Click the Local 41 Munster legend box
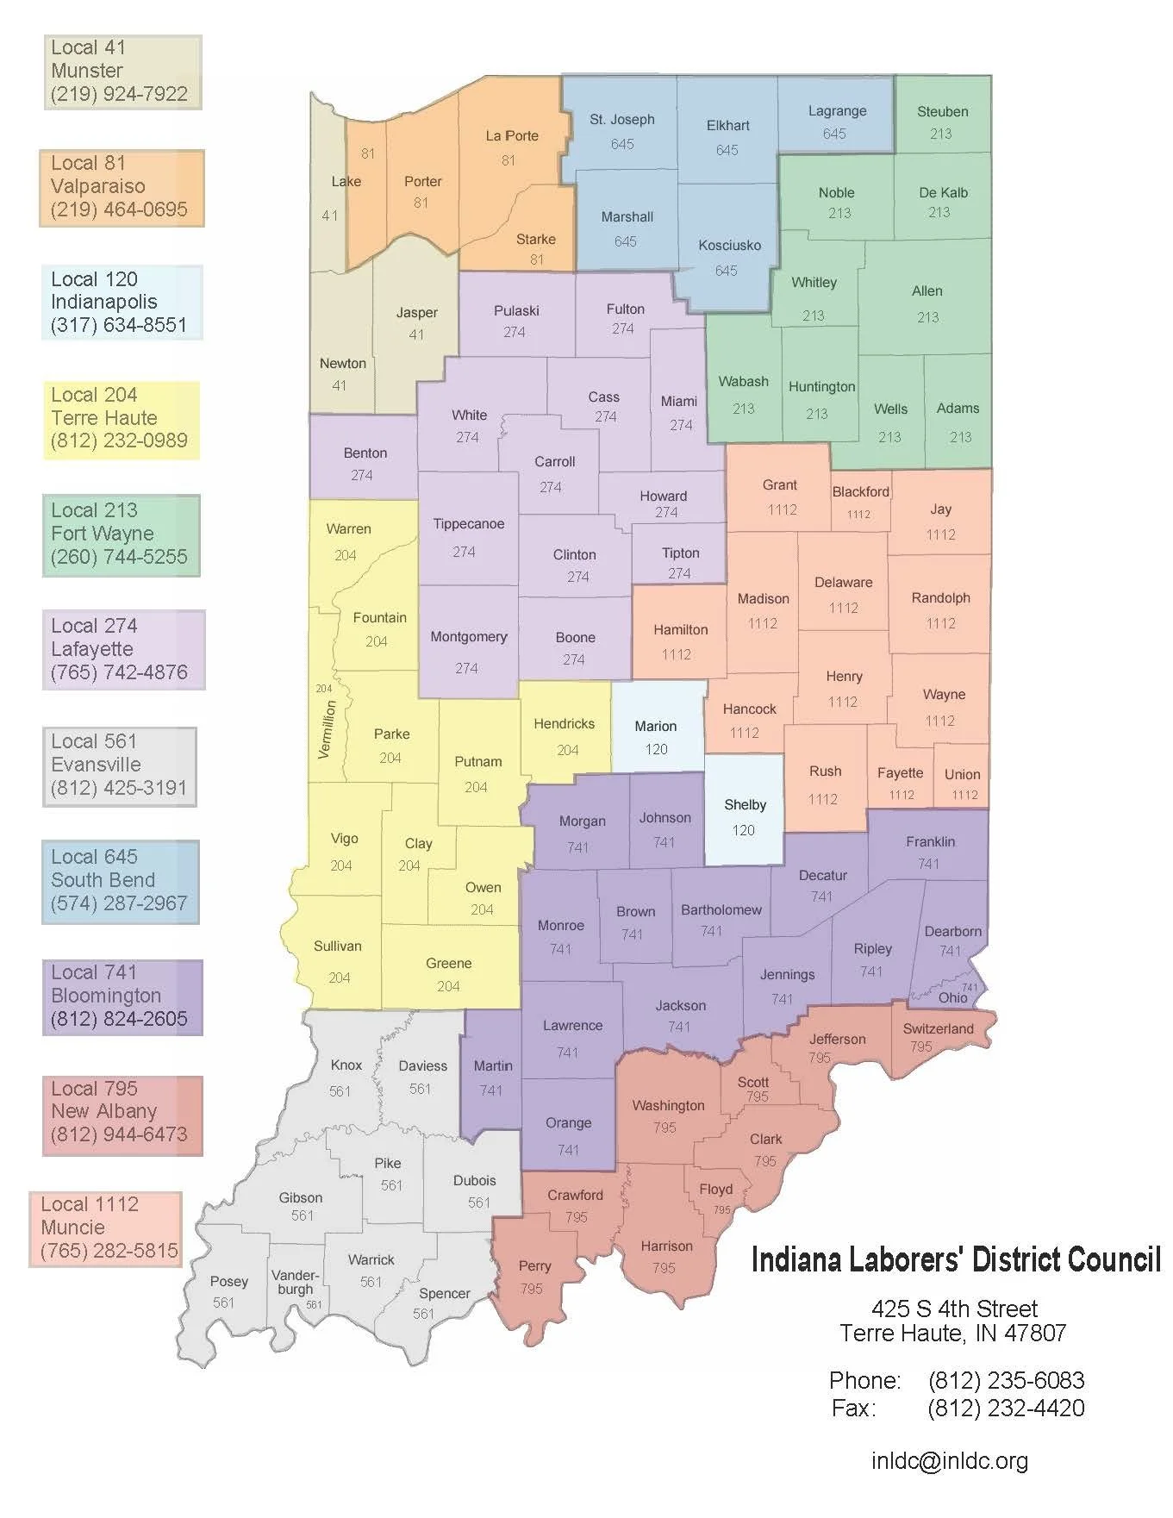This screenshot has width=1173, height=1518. (122, 72)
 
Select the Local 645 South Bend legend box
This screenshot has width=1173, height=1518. (120, 881)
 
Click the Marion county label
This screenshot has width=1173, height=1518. (655, 727)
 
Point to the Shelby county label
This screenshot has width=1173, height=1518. (745, 805)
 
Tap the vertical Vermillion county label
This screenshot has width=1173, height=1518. (326, 729)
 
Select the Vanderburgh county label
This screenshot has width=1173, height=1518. (295, 1282)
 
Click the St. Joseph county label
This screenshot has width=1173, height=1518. (621, 120)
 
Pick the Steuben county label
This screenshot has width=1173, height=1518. (942, 112)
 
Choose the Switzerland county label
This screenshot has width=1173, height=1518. (938, 1029)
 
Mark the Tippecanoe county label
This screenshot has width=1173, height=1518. (468, 524)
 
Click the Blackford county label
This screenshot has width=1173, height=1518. (860, 492)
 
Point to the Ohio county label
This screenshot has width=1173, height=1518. (952, 998)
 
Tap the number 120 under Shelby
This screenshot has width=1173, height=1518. (743, 830)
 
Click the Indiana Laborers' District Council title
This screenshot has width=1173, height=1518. (955, 1259)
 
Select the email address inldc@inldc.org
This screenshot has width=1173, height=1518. (950, 1461)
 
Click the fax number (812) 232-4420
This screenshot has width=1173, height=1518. (1006, 1408)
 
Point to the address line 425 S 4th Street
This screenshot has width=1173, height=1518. (954, 1309)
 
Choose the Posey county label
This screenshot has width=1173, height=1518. (228, 1282)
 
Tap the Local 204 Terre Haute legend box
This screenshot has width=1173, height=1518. (121, 419)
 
